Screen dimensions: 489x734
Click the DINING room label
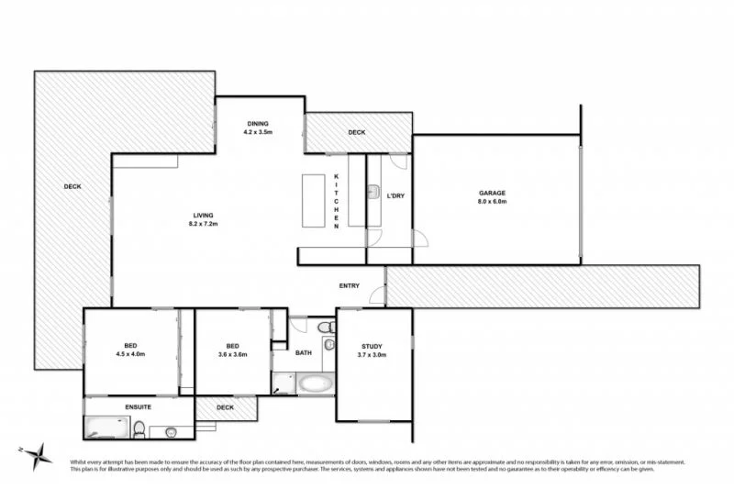pos(258,123)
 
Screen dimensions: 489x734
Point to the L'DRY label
pos(395,195)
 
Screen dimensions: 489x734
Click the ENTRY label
pos(349,285)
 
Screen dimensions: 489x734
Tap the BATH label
pos(304,352)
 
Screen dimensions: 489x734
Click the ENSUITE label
pos(138,406)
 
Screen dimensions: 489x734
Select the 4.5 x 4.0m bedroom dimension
pos(131,354)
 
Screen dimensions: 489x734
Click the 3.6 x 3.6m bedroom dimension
pos(232,354)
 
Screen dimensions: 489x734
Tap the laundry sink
pos(374,194)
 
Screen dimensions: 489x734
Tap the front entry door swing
pos(376,296)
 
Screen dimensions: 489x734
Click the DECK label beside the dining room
pos(356,133)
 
